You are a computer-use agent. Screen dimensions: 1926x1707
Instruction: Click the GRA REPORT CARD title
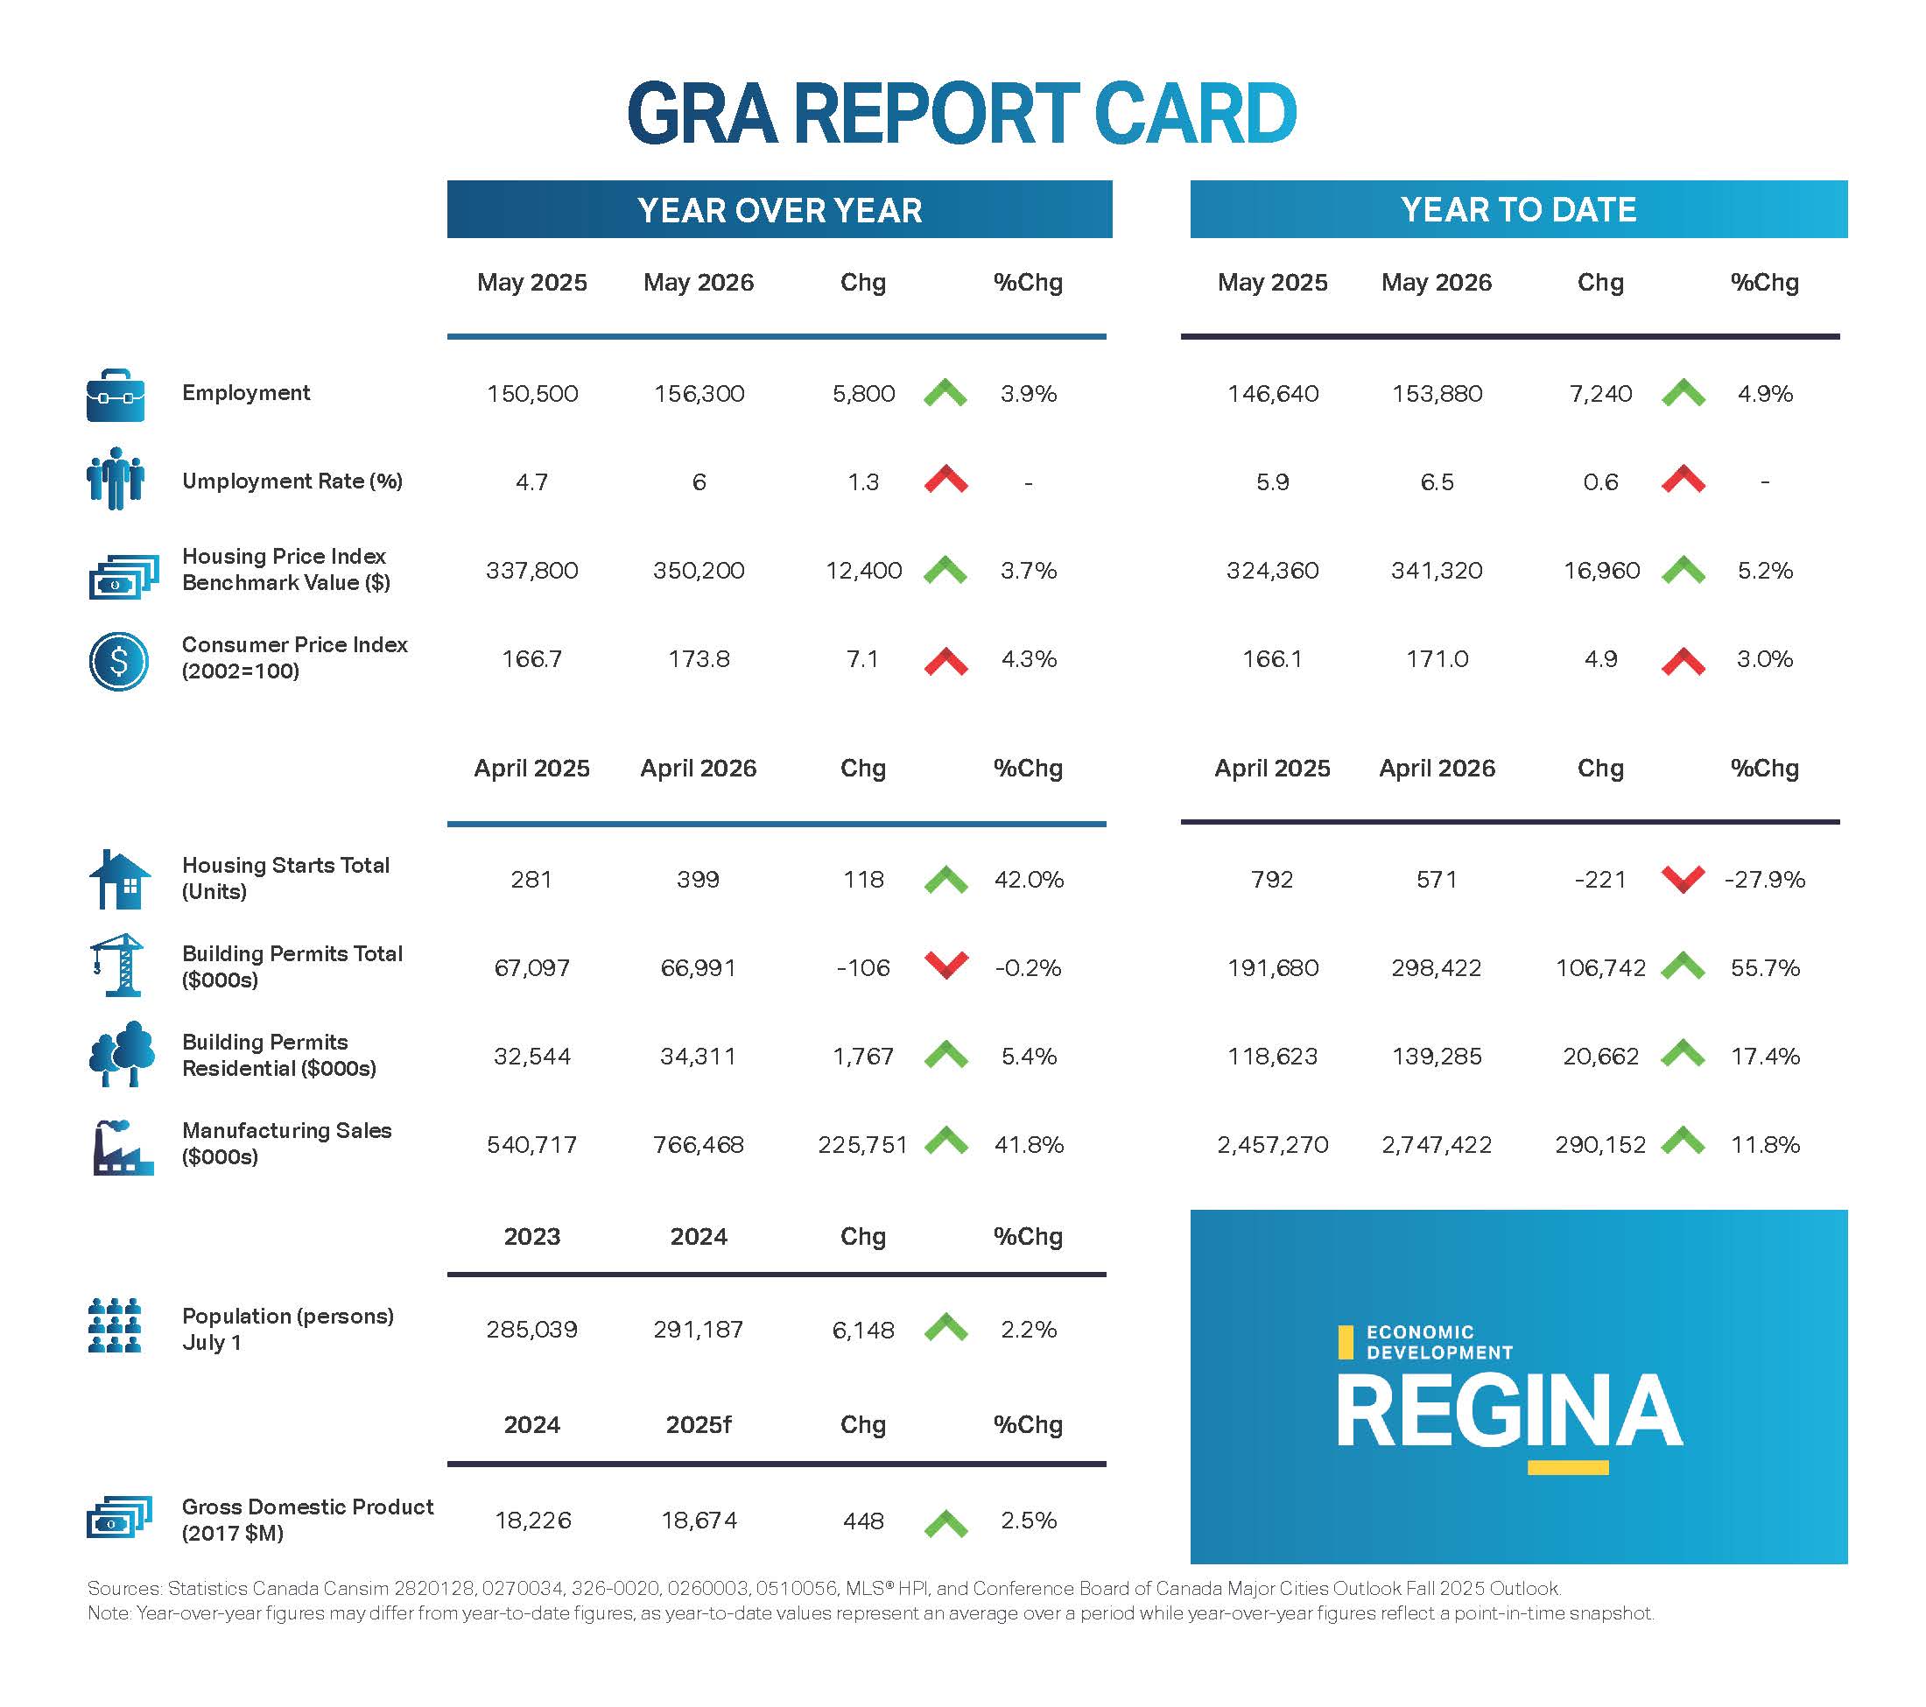coord(962,114)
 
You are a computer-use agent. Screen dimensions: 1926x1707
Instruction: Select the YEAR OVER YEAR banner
coord(779,209)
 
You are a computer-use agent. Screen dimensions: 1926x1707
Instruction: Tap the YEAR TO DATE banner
coord(1518,209)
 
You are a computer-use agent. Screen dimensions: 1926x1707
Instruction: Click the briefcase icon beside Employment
coord(116,395)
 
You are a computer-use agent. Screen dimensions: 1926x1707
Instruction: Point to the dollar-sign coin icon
coord(119,660)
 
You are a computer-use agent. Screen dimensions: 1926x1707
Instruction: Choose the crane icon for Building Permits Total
coord(116,965)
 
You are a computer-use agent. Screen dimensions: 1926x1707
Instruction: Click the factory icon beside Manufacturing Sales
coord(123,1148)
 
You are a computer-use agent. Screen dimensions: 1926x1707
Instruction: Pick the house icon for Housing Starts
coord(120,879)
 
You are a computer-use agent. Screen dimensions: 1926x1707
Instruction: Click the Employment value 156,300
coord(699,394)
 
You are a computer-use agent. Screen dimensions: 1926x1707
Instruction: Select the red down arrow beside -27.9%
coord(1683,879)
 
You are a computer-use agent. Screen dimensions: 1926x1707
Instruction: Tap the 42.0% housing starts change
coord(1029,879)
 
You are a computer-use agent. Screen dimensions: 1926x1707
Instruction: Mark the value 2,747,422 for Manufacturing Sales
coord(1437,1145)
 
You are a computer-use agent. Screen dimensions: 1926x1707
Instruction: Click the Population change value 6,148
coord(863,1329)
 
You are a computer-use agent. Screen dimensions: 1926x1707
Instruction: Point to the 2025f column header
coord(699,1424)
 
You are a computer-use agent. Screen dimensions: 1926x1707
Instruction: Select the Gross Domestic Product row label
coord(307,1520)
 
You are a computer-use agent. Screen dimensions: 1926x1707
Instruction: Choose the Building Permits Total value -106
coord(863,967)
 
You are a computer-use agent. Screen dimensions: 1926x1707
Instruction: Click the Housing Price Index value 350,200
coord(699,570)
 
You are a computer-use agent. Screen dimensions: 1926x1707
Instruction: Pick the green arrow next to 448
coord(946,1523)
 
